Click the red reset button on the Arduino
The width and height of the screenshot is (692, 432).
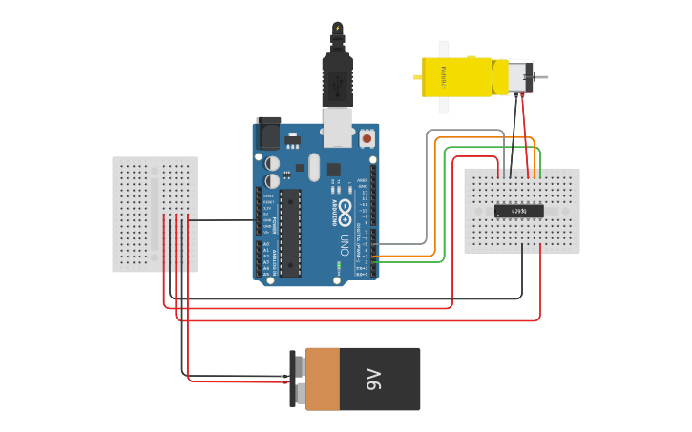pyautogui.click(x=367, y=138)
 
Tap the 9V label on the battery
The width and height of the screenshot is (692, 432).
pyautogui.click(x=373, y=379)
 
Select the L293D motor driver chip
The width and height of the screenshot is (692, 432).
pyautogui.click(x=518, y=210)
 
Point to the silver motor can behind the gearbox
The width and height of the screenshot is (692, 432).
pyautogui.click(x=519, y=77)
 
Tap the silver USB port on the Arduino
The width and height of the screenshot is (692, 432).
pyautogui.click(x=337, y=127)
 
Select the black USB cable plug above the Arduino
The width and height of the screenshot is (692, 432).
pyautogui.click(x=337, y=81)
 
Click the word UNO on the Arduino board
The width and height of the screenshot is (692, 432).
pyautogui.click(x=343, y=245)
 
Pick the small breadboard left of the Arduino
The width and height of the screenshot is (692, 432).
pyautogui.click(x=155, y=215)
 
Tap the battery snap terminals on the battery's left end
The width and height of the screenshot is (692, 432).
pyautogui.click(x=298, y=379)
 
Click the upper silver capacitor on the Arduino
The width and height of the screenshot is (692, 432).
pyautogui.click(x=273, y=163)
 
